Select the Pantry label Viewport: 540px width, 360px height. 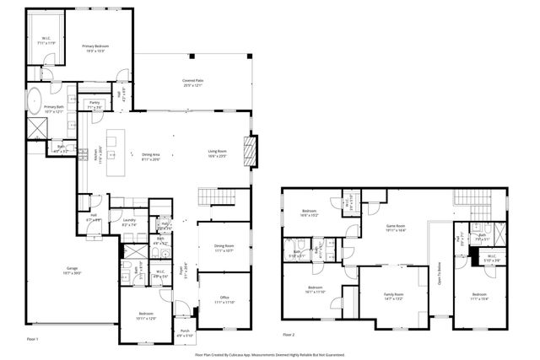click(x=95, y=105)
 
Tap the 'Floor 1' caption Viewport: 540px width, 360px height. click(x=33, y=338)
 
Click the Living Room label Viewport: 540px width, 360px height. click(x=218, y=154)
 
